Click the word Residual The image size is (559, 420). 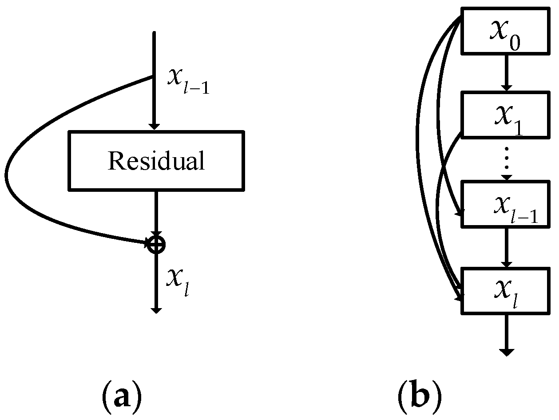pos(156,161)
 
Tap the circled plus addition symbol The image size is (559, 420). pos(156,244)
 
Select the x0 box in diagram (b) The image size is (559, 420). pos(505,32)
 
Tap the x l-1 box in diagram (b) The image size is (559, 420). pos(506,204)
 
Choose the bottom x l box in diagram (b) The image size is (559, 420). pos(506,290)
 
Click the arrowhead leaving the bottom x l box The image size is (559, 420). pos(506,352)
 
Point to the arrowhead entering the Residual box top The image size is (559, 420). pos(154,126)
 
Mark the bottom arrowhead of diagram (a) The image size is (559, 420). pos(155,309)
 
